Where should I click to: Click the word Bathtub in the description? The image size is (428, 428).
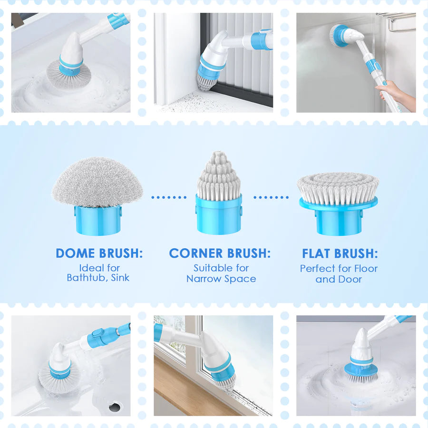coord(86,278)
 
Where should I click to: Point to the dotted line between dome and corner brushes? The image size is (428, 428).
coord(169,197)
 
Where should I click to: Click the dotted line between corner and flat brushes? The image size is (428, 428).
coord(271,197)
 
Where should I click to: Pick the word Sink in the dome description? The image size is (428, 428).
coord(120,278)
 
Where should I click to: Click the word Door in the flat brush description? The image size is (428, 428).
coord(351,280)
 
